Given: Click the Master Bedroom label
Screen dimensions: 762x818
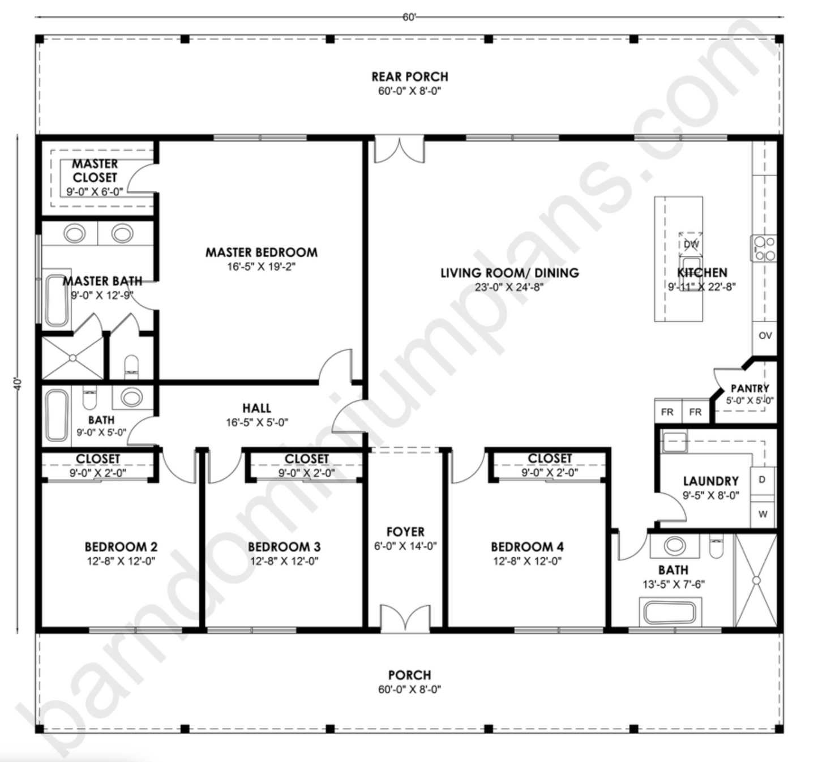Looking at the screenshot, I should click(261, 252).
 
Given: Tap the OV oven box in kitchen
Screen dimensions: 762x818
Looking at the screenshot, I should click(765, 336).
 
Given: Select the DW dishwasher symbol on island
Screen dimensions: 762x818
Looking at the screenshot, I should click(691, 244).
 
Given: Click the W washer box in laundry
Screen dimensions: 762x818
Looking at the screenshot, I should click(763, 515).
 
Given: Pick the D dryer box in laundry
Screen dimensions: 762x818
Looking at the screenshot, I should click(762, 480).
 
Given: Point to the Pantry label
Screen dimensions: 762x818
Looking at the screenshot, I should click(750, 388).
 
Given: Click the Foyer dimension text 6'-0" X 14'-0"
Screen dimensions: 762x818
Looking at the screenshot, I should click(405, 546).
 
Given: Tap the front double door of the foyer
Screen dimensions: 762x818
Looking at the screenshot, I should click(405, 619).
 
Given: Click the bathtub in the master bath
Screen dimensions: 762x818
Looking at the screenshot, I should click(57, 301).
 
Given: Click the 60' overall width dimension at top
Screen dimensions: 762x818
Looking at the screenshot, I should click(409, 17).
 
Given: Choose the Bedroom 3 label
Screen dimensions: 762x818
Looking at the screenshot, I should click(284, 547).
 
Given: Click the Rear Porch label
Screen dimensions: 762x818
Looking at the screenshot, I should click(409, 76).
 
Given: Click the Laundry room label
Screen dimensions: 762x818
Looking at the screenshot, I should click(710, 481).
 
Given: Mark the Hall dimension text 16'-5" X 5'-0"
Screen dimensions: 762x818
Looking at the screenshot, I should click(256, 422).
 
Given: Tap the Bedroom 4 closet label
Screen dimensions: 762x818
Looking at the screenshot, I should click(550, 459).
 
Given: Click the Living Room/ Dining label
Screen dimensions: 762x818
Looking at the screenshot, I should click(509, 273).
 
